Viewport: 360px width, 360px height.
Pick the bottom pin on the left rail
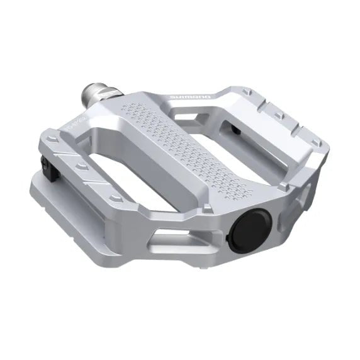[x=114, y=198]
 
